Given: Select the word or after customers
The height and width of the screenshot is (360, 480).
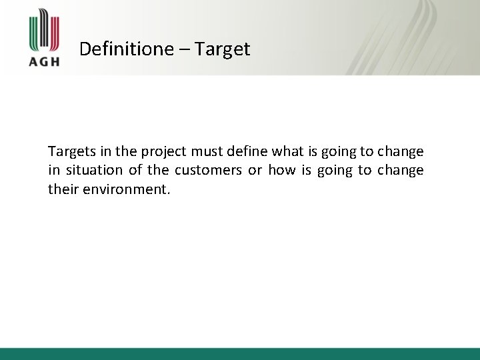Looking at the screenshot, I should click(255, 171).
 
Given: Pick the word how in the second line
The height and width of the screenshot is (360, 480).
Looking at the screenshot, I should click(282, 171).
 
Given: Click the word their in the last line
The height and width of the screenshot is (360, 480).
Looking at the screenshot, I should click(63, 189).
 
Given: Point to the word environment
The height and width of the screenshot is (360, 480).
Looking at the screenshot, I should click(127, 189).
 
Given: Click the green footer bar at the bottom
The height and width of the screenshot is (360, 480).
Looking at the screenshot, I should click(240, 353).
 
